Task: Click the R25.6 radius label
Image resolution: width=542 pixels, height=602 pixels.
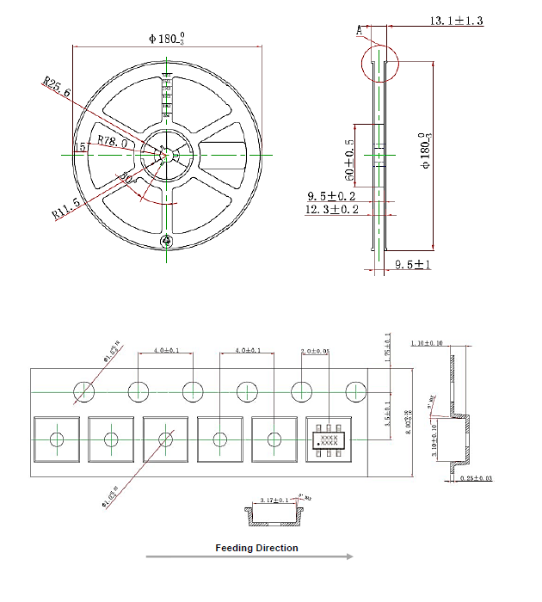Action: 58,87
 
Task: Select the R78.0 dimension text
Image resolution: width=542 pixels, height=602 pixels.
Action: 114,140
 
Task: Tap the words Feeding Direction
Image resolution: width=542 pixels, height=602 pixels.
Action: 256,548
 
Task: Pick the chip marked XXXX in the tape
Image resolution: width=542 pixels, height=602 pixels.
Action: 329,440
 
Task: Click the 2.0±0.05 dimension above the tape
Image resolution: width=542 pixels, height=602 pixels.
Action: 314,352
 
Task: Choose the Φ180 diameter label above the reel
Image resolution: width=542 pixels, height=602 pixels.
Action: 166,38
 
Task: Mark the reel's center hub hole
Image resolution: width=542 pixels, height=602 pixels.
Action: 166,154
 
